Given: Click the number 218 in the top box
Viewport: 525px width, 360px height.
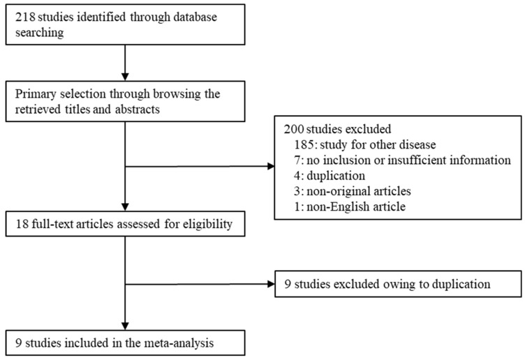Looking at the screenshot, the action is click(25, 17).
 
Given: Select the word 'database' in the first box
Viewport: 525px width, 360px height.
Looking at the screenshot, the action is click(195, 17).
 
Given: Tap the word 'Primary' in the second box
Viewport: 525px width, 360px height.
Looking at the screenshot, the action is click(36, 94).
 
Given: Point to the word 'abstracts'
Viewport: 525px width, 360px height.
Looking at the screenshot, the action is click(138, 110).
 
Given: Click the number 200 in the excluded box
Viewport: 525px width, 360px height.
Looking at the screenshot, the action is click(294, 129).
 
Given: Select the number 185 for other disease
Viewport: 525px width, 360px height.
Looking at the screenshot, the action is click(305, 144).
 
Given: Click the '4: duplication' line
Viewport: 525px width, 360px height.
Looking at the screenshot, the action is click(330, 176).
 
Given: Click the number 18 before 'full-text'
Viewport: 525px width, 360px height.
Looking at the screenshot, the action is click(22, 224).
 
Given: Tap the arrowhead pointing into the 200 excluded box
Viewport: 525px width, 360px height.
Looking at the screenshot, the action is click(271, 166).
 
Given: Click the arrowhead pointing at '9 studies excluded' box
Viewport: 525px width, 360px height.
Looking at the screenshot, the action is click(271, 284).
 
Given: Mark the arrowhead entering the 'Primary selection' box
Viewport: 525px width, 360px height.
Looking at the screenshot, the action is click(125, 77).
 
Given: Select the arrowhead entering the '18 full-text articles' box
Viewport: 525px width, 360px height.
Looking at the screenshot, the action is click(125, 207).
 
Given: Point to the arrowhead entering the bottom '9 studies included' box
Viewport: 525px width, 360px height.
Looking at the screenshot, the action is click(125, 327).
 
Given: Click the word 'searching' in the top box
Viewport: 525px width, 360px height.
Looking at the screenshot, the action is click(40, 33).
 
